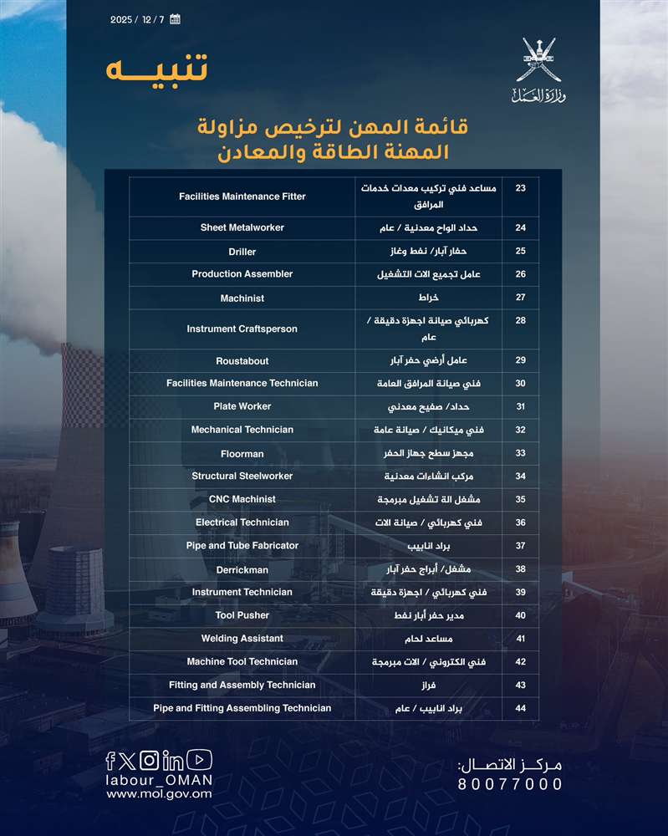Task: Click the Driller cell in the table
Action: pyautogui.click(x=242, y=252)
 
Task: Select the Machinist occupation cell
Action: pyautogui.click(x=242, y=298)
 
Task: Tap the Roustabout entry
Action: pyautogui.click(x=242, y=360)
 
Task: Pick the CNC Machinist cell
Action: pyautogui.click(x=242, y=499)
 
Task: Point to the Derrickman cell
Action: pyautogui.click(x=242, y=569)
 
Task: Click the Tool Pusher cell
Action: pyautogui.click(x=242, y=615)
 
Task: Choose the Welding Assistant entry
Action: pyautogui.click(x=242, y=639)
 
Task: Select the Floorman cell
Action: pyautogui.click(x=242, y=454)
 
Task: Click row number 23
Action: pyautogui.click(x=520, y=189)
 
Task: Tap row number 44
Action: pyautogui.click(x=520, y=708)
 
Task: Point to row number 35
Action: pyautogui.click(x=520, y=499)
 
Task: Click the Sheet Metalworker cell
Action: pyautogui.click(x=242, y=227)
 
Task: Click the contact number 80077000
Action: pyautogui.click(x=510, y=784)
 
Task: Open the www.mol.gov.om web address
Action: pyautogui.click(x=159, y=794)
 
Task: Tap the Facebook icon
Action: pyautogui.click(x=110, y=760)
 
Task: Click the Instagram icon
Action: pyautogui.click(x=149, y=760)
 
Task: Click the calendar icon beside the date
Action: pyautogui.click(x=175, y=19)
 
